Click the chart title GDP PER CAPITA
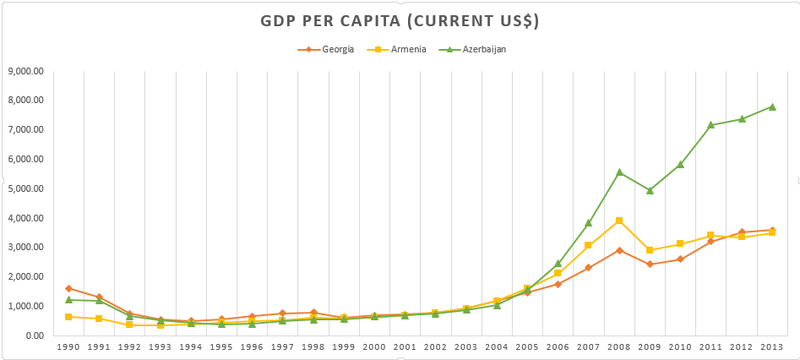[400, 21]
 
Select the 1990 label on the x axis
[68, 347]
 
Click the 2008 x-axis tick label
[619, 347]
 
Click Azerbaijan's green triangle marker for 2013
[772, 106]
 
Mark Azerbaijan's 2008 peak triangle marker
[619, 172]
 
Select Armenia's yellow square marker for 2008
[619, 221]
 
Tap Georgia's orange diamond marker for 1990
[68, 288]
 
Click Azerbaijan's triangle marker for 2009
[650, 190]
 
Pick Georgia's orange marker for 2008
[619, 250]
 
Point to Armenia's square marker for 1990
[68, 317]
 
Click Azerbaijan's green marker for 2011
[710, 125]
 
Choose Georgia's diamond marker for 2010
[680, 259]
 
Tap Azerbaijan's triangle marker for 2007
[589, 223]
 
